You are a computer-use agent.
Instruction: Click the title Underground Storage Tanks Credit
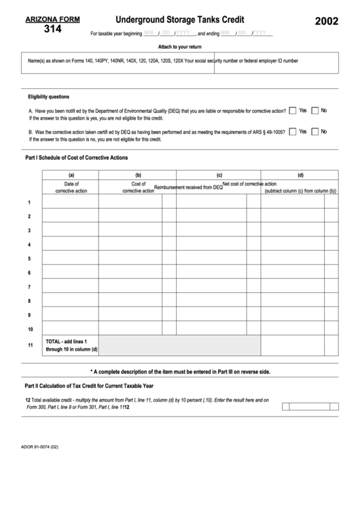pos(180,20)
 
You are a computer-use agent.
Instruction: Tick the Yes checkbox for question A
pos(292,111)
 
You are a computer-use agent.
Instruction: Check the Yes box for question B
pos(292,132)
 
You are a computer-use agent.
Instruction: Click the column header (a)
pos(71,175)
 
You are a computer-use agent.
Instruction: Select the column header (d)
pos(300,175)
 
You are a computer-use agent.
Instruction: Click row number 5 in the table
pos(29,259)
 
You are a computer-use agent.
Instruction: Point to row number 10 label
pos(30,329)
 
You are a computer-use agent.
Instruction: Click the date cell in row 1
pos(71,203)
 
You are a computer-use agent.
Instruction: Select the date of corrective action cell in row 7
pos(71,287)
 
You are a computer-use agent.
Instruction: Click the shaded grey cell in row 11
pos(179,346)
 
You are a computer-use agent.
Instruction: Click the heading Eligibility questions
pos(48,96)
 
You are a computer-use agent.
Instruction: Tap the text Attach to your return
pos(180,46)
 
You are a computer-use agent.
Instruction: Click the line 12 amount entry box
pos(309,407)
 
